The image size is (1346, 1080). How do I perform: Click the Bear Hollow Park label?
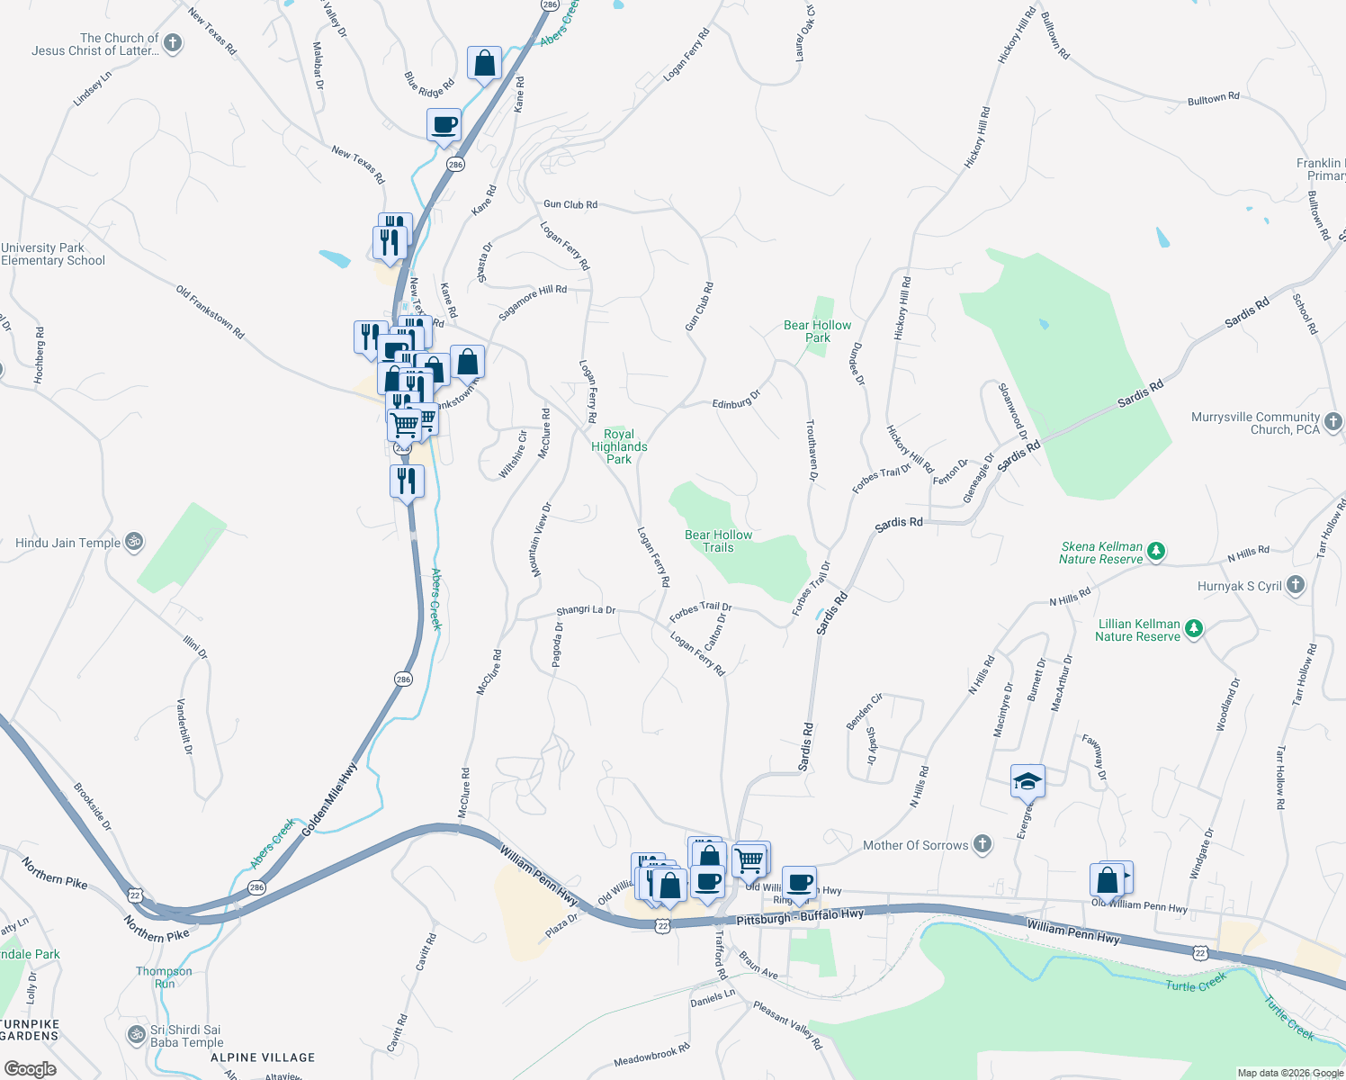[x=817, y=331]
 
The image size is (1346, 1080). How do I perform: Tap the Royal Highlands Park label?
[x=619, y=446]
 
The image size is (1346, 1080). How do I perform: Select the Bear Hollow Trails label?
[x=718, y=541]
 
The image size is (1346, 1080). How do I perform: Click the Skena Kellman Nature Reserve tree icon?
[x=1157, y=551]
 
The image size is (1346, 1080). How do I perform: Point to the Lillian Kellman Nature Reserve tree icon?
[x=1194, y=628]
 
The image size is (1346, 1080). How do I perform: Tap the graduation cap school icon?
[x=1027, y=781]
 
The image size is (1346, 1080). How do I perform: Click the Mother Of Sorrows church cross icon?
[x=983, y=844]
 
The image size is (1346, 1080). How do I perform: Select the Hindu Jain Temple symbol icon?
[x=134, y=542]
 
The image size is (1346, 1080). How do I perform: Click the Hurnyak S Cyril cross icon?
[x=1295, y=585]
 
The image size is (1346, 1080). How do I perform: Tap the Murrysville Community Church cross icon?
[x=1333, y=422]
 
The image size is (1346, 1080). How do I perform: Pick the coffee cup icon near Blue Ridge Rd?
[x=444, y=124]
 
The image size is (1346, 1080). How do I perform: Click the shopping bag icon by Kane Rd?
[x=484, y=64]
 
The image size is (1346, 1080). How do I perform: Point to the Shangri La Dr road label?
[x=586, y=610]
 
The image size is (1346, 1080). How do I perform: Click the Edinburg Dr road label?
[x=736, y=400]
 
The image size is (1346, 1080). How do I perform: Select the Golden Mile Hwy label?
[x=329, y=800]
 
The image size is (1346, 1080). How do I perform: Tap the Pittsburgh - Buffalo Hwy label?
[x=800, y=917]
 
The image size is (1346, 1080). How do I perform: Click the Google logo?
[x=31, y=1069]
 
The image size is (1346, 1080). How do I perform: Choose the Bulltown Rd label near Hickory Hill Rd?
[x=1213, y=98]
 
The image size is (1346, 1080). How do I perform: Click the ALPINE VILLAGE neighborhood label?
[x=263, y=1057]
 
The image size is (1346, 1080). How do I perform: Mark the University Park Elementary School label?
[x=53, y=254]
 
